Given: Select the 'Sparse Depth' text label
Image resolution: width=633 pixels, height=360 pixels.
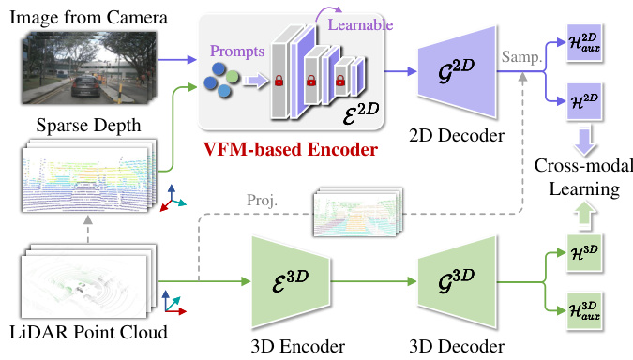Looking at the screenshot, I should pyautogui.click(x=76, y=126).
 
